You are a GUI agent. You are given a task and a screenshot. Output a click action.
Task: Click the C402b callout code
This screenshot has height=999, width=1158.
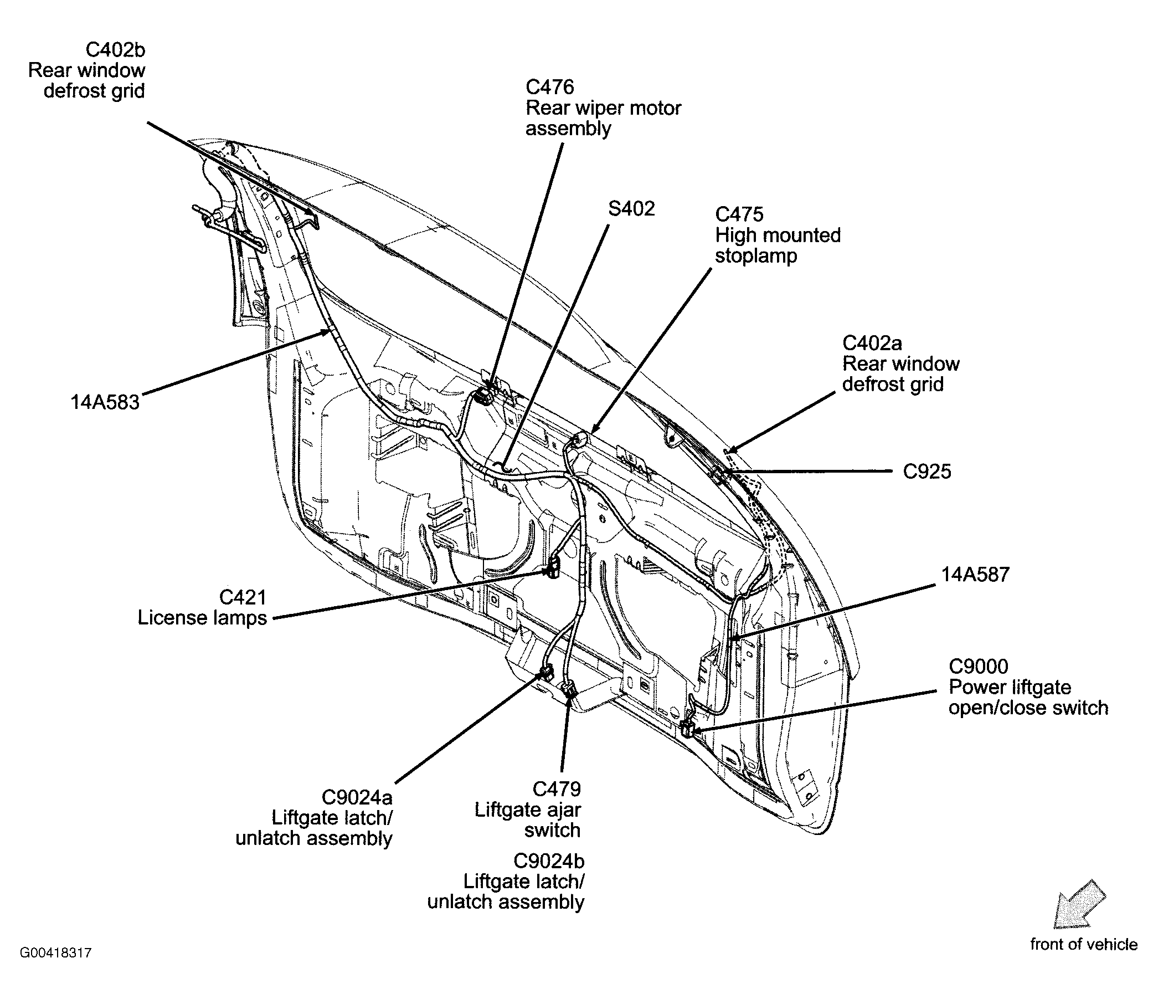115,50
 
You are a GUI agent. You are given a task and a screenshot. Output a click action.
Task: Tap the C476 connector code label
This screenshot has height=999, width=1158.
549,87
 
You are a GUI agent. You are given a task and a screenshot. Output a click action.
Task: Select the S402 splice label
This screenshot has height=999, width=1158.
631,209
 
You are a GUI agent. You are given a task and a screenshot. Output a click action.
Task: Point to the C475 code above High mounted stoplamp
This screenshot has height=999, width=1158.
739,214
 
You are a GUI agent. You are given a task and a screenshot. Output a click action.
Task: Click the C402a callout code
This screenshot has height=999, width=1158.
872,342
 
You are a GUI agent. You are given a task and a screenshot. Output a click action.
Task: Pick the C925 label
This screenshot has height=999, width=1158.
927,472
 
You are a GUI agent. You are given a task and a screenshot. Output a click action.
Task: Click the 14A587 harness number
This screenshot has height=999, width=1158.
975,575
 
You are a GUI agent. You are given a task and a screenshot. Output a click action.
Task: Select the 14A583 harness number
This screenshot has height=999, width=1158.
105,402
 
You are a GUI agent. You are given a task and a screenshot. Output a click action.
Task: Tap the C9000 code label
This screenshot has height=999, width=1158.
978,667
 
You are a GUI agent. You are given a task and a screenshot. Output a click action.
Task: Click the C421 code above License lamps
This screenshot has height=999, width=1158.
243,597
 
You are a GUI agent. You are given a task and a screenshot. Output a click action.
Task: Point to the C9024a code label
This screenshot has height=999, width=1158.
357,796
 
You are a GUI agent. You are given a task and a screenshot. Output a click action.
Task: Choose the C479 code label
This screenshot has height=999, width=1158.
556,789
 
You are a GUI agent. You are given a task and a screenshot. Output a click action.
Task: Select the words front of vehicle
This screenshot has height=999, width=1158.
1083,944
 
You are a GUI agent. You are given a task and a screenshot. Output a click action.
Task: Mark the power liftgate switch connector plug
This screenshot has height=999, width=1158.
687,729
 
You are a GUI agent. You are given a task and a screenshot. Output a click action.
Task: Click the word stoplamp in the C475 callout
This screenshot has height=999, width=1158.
755,256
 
